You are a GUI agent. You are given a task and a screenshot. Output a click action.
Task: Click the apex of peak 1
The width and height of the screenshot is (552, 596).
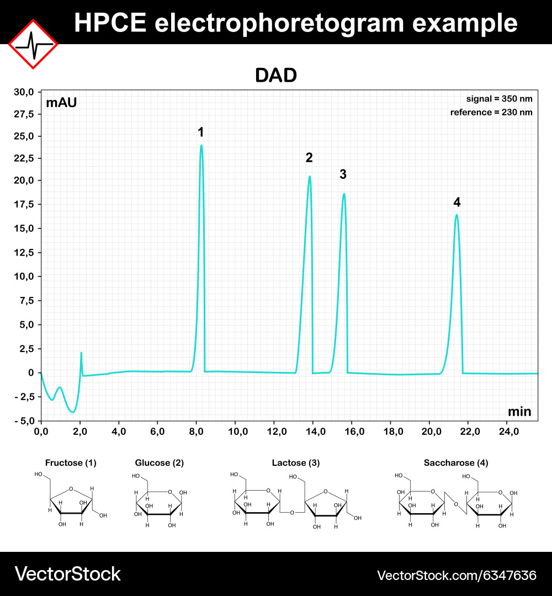pyautogui.click(x=201, y=146)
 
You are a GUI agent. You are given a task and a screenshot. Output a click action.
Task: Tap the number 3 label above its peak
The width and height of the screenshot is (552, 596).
pyautogui.click(x=343, y=174)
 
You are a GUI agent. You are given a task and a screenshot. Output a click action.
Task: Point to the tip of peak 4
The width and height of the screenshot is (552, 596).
pyautogui.click(x=457, y=215)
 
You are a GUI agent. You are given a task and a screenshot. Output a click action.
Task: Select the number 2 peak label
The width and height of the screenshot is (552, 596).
pyautogui.click(x=309, y=158)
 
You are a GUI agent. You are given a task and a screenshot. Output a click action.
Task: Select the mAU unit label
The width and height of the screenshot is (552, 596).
pyautogui.click(x=61, y=103)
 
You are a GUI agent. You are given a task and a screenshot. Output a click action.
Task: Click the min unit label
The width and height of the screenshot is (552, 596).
pyautogui.click(x=519, y=411)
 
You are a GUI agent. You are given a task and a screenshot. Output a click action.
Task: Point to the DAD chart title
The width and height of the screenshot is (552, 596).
pyautogui.click(x=276, y=76)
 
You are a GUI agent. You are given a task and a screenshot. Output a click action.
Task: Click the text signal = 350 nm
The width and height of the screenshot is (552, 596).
pyautogui.click(x=500, y=99)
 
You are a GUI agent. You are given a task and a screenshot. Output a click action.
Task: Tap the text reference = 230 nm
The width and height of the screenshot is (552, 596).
pyautogui.click(x=491, y=112)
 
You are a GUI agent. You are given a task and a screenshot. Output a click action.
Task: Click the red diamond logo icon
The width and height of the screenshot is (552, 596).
pyautogui.click(x=33, y=44)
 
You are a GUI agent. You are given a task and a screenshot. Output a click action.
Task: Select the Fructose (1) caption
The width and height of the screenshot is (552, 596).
pyautogui.click(x=71, y=463)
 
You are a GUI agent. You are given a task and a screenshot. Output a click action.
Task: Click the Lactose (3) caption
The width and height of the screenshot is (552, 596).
pyautogui.click(x=296, y=463)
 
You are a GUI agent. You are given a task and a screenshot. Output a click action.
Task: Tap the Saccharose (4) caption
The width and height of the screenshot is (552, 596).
pyautogui.click(x=456, y=463)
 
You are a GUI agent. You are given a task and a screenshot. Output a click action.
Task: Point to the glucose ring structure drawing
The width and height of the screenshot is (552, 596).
pyautogui.click(x=159, y=502)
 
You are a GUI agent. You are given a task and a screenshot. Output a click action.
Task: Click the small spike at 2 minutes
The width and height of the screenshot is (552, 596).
pyautogui.click(x=81, y=354)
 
